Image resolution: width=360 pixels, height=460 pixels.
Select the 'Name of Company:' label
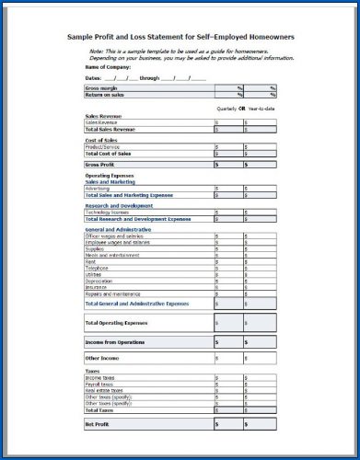tap(108, 67)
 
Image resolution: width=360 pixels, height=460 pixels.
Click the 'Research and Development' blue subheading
tap(119, 206)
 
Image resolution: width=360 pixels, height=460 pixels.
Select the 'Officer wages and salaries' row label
tap(115, 236)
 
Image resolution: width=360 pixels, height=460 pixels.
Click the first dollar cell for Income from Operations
tap(228, 341)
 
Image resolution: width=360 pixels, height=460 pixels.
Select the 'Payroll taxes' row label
tap(99, 384)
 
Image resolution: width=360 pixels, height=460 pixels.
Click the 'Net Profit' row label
tap(97, 424)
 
